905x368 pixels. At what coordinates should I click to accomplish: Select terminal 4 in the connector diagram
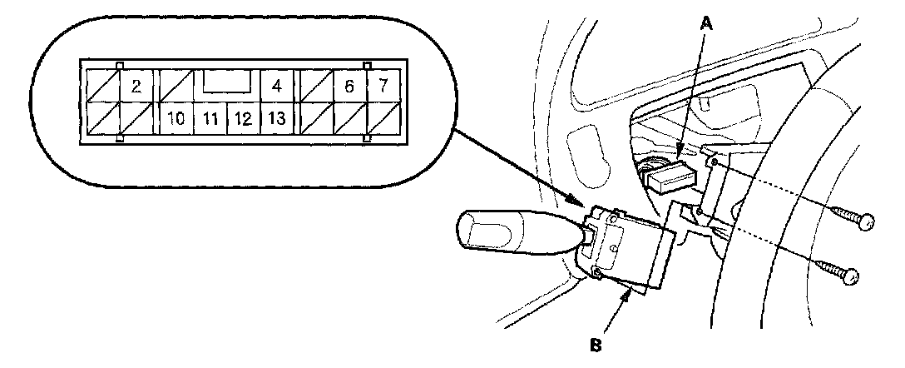point(276,85)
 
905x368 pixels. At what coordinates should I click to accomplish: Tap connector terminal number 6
point(349,85)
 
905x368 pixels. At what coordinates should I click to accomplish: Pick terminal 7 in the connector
point(383,85)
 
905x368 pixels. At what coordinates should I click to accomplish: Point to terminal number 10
point(176,119)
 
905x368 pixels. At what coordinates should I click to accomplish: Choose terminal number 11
point(210,119)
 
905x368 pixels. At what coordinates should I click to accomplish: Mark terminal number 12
point(243,119)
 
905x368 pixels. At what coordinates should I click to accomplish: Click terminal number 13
point(276,119)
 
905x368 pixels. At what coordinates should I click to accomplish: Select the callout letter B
point(596,341)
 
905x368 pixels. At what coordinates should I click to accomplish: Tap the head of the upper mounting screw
point(866,222)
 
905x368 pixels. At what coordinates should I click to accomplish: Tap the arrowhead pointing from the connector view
point(581,201)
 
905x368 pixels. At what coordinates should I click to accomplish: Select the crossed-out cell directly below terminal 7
point(383,119)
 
